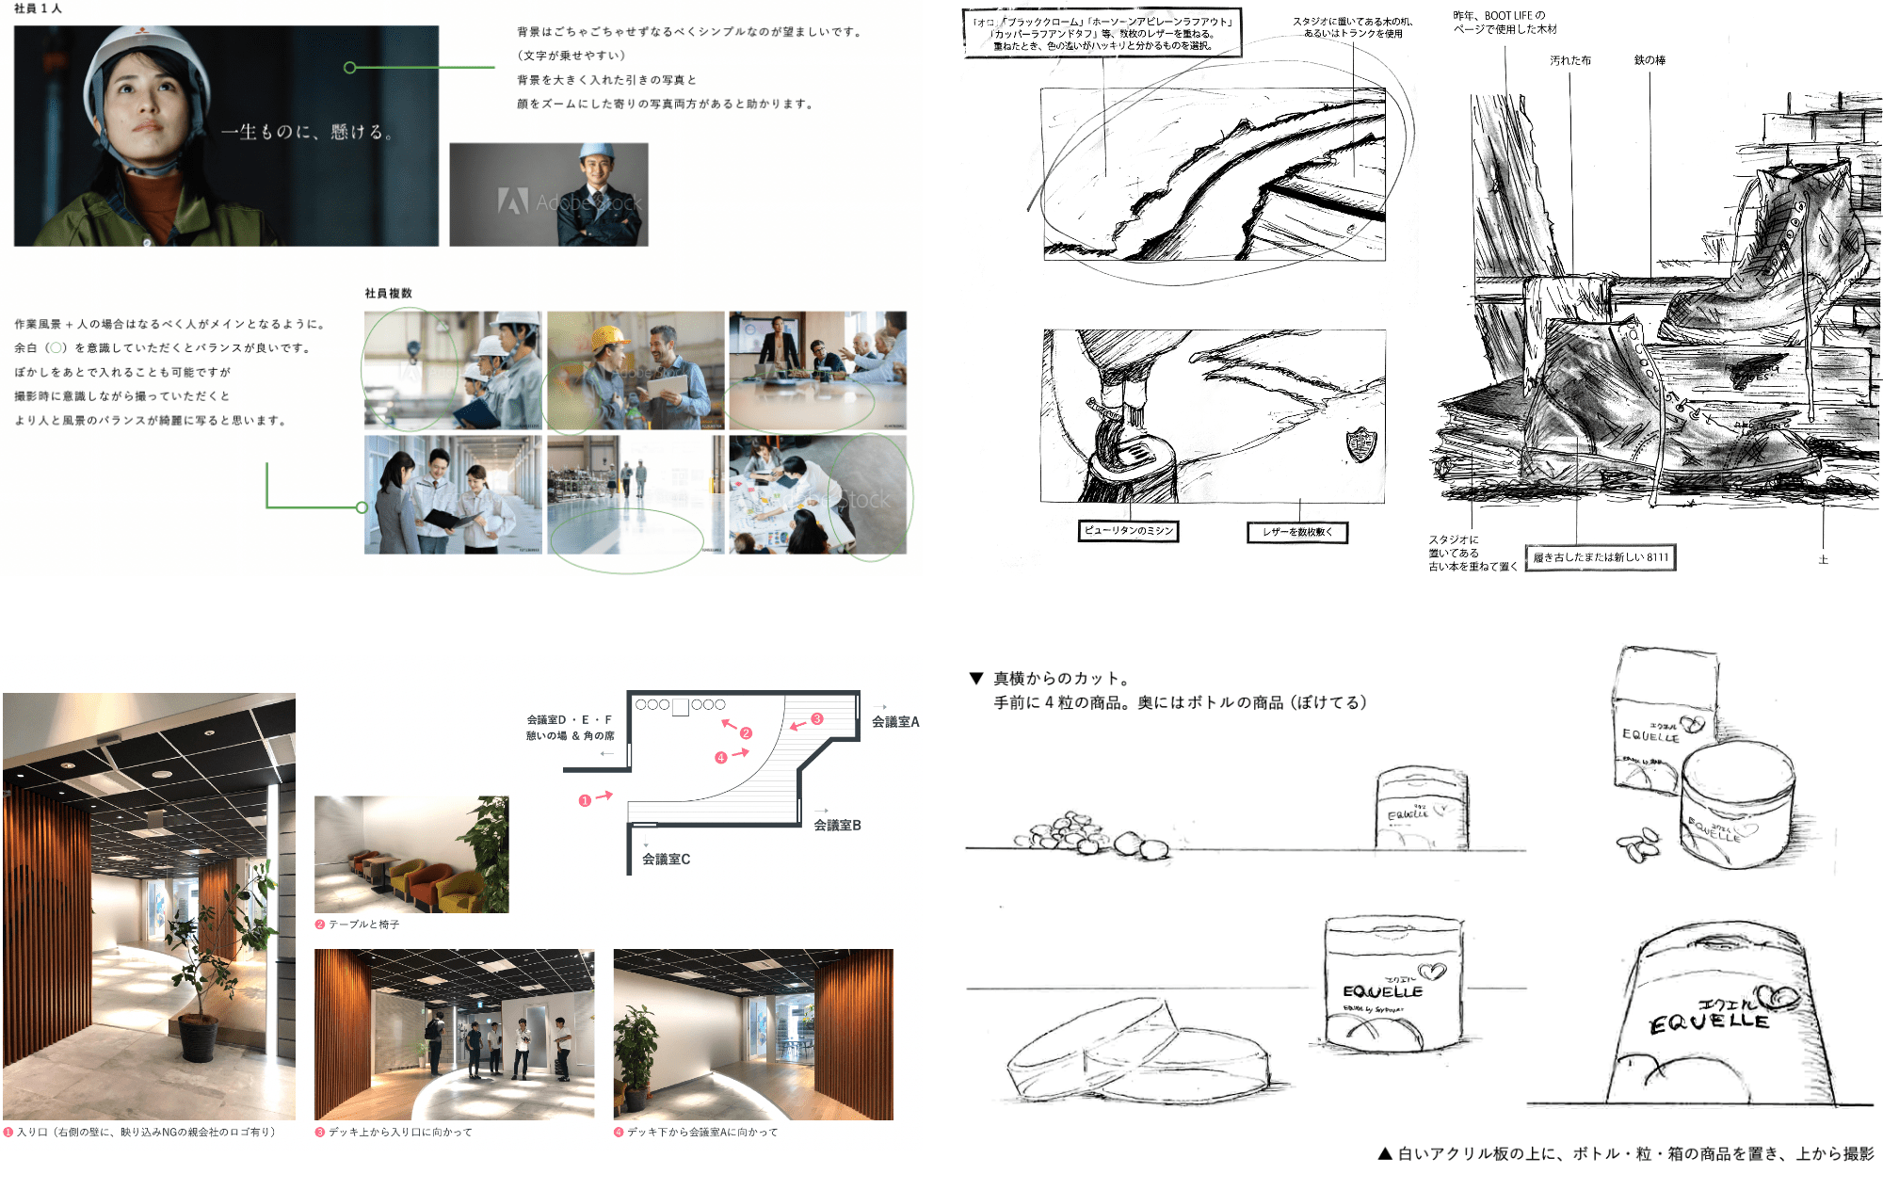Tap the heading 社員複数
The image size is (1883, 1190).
pyautogui.click(x=388, y=293)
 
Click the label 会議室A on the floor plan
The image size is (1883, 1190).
pyautogui.click(x=894, y=721)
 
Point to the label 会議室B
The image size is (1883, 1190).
pyautogui.click(x=837, y=825)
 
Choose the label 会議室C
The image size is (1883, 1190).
pyautogui.click(x=666, y=859)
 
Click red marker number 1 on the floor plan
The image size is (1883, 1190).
pyautogui.click(x=585, y=800)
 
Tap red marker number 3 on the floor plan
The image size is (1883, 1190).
pyautogui.click(x=817, y=718)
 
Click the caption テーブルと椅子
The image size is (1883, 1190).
pyautogui.click(x=363, y=925)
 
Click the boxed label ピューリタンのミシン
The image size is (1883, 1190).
pyautogui.click(x=1129, y=531)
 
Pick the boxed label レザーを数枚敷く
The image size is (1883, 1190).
pyautogui.click(x=1296, y=532)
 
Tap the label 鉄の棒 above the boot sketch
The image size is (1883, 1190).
pyautogui.click(x=1650, y=60)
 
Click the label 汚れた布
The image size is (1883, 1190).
pyautogui.click(x=1570, y=60)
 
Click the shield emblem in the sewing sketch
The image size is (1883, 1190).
pyautogui.click(x=1360, y=442)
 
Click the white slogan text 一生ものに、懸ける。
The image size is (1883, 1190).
pyautogui.click(x=305, y=132)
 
